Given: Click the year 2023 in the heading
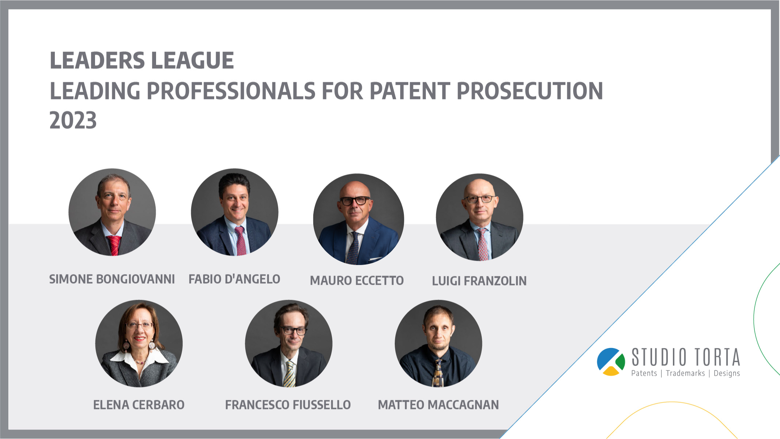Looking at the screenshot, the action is click(73, 121).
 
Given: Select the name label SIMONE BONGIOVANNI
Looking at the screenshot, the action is click(112, 279).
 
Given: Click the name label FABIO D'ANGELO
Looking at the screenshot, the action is click(234, 279).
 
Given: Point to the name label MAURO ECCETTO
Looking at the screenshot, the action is click(357, 281).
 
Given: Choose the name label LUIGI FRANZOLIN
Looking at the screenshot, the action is click(479, 281).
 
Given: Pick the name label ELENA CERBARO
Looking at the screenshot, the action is click(139, 405).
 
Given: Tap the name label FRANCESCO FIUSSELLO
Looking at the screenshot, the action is click(288, 405).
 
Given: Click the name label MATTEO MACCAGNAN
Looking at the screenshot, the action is click(438, 405).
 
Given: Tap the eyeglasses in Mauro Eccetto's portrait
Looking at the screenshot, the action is click(355, 200).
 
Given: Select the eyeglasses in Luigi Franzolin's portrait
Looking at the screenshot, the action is click(479, 199).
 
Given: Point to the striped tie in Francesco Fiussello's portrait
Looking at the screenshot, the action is click(289, 374).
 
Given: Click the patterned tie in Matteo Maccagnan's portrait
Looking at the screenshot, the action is click(438, 373).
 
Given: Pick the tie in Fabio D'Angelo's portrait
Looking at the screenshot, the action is click(241, 241).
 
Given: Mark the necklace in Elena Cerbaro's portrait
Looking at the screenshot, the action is click(139, 361).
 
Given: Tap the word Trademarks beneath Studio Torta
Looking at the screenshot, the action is click(685, 373).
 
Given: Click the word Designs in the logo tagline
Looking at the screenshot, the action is click(727, 374).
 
